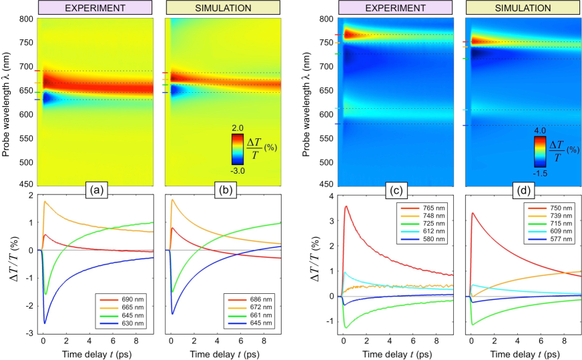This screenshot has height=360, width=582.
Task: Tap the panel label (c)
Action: tap(396, 189)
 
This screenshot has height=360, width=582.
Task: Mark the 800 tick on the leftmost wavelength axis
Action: tap(23, 19)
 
